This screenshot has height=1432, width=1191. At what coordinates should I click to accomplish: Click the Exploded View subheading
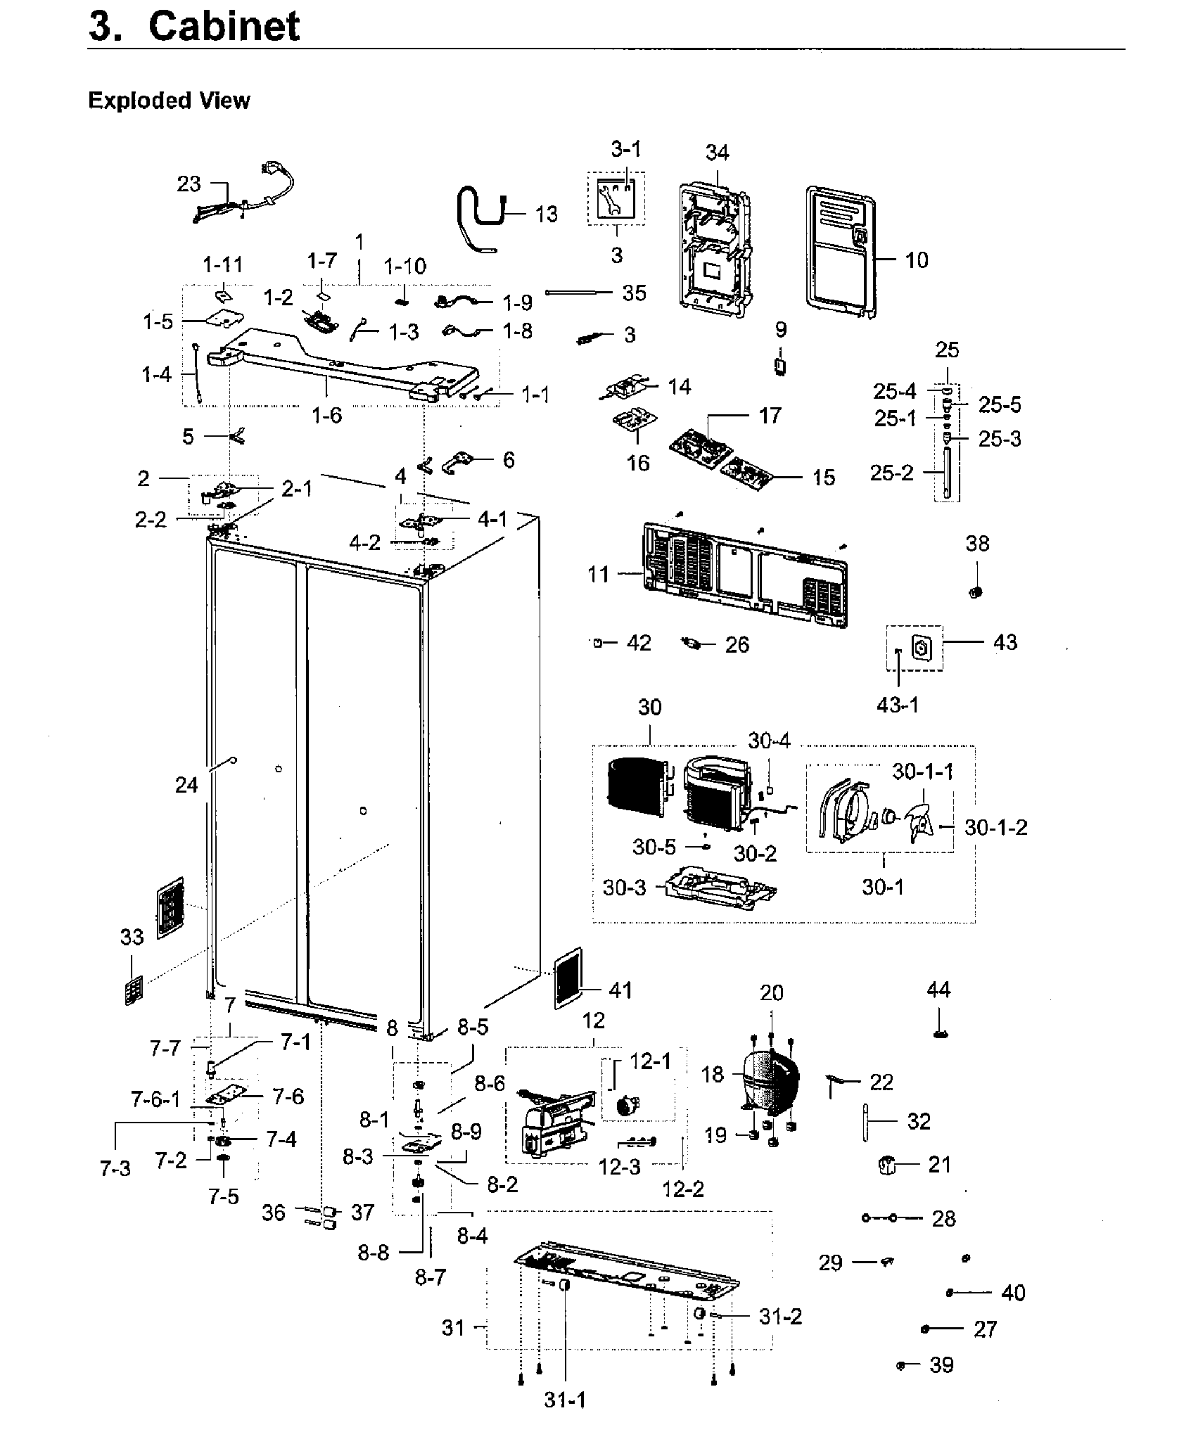pos(169,101)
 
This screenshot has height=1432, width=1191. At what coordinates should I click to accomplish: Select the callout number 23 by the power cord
pos(189,184)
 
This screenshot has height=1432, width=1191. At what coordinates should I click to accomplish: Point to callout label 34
pos(718,152)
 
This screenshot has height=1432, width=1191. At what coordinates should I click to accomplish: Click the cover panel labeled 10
pos(842,253)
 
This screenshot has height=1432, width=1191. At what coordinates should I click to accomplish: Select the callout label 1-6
pos(327,416)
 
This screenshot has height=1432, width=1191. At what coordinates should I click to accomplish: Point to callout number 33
pos(132,937)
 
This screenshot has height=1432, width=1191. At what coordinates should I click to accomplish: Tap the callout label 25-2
pos(891,473)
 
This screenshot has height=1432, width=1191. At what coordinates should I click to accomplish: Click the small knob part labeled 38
pos(975,592)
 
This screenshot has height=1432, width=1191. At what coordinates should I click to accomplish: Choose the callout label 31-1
pos(564,1400)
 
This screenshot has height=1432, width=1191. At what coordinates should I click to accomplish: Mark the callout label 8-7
pos(430,1277)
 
